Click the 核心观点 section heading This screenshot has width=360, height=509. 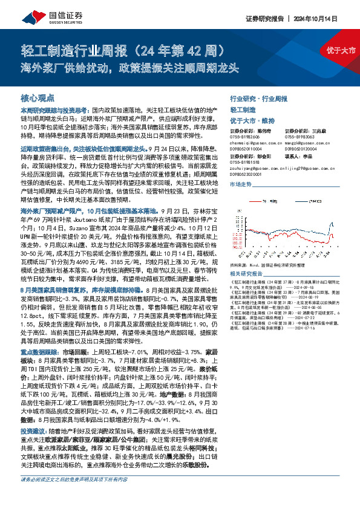coord(38,97)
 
